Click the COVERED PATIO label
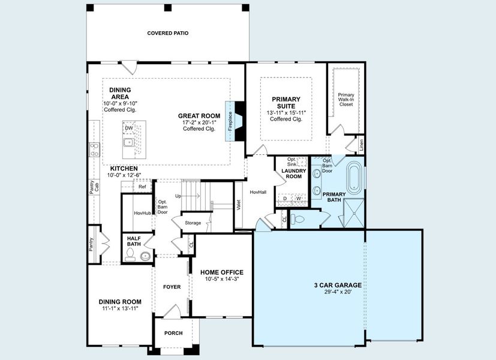pos(168,33)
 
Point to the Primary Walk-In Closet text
pos(346,100)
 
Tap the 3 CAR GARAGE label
pos(337,285)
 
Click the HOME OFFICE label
pos(222,271)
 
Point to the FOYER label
pos(172,287)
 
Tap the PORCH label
pos(173,333)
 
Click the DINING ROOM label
pos(120,301)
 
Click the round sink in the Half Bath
pos(145,256)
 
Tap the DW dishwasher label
pos(128,128)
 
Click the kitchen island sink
pos(128,143)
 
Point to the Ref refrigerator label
pos(142,187)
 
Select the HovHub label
pos(142,213)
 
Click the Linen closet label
pos(361,145)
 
